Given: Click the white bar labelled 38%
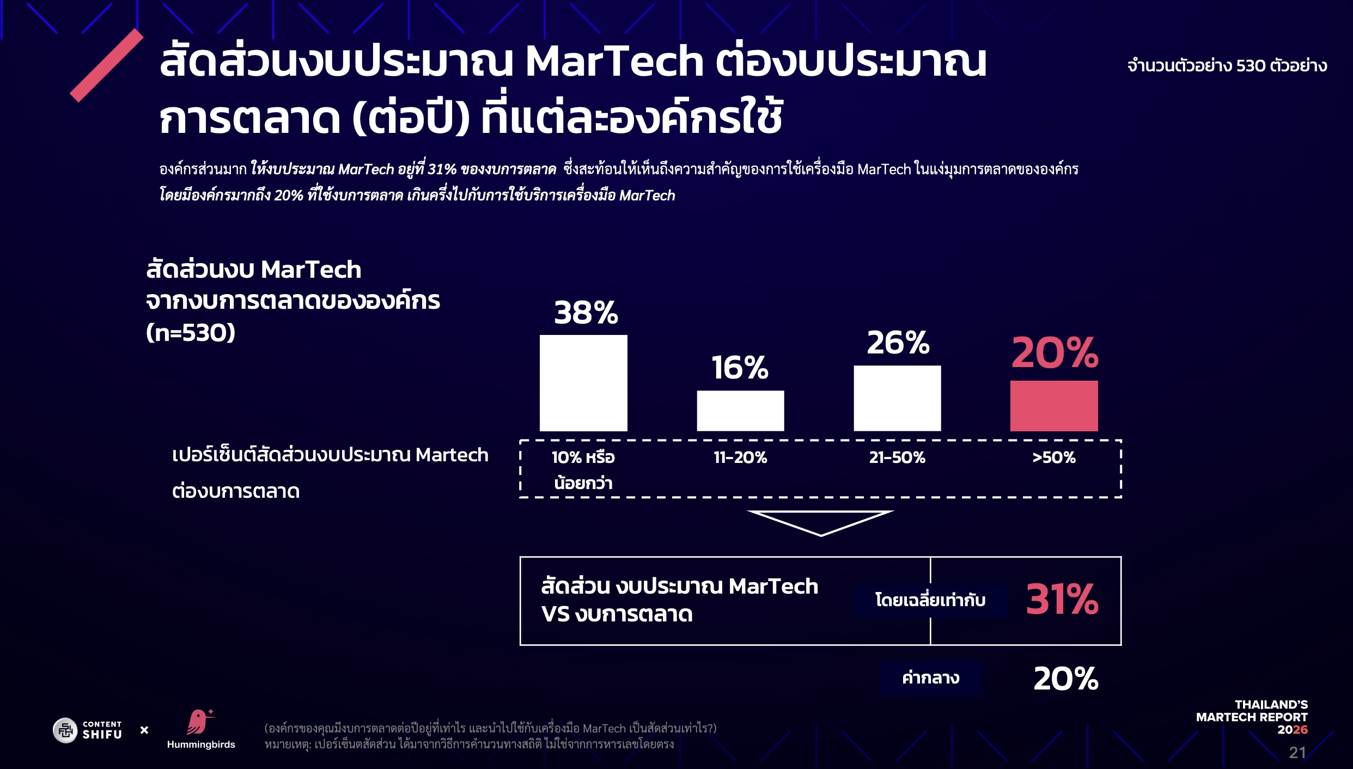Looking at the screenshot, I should tap(583, 383).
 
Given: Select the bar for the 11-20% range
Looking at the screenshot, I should tap(740, 411).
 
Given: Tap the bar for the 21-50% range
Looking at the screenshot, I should tap(897, 398).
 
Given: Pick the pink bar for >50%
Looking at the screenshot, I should tap(1054, 406).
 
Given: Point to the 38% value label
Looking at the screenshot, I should tap(586, 313).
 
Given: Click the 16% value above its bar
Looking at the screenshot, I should tap(740, 368).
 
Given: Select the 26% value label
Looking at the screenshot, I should tap(898, 343).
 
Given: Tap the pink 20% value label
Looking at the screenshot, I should tap(1055, 353).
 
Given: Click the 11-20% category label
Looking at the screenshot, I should tap(740, 457).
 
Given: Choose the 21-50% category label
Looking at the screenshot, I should tap(897, 457).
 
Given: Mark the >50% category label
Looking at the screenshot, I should tap(1054, 457).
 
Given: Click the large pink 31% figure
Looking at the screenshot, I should tap(1062, 600).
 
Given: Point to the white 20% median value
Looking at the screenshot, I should tap(1066, 679).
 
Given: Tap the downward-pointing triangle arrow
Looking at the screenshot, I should tap(820, 522).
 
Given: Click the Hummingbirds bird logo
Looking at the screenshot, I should tap(199, 722).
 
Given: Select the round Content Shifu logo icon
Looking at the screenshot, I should tap(65, 730).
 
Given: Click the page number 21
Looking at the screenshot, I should tap(1297, 753).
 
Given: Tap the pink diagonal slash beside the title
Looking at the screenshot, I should tap(107, 65).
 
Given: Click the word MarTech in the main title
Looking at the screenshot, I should tap(614, 62).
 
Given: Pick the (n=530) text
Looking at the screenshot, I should tap(191, 332).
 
